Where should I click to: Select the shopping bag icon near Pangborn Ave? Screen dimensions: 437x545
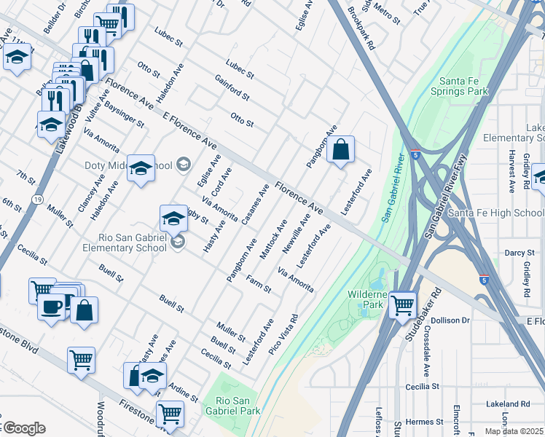[x=340, y=151]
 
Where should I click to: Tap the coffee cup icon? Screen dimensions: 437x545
[x=52, y=307]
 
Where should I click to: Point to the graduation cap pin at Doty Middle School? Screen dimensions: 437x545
[x=141, y=168]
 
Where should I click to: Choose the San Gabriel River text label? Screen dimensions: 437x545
[x=393, y=189]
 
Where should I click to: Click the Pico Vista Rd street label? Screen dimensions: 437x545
[x=284, y=334]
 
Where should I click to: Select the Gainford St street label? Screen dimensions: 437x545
[x=232, y=87]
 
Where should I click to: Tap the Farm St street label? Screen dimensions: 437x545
[x=259, y=284]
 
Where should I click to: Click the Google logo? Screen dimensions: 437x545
[x=23, y=428]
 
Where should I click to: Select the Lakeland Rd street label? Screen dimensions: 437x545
[x=510, y=403]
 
